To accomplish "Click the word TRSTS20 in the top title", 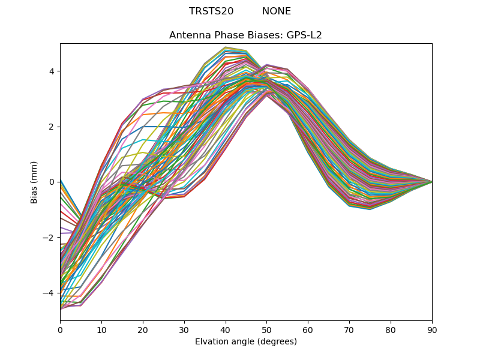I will pyautogui.click(x=211, y=11).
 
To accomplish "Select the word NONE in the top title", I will pyautogui.click(x=277, y=11).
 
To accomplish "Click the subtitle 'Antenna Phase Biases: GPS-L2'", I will pyautogui.click(x=245, y=35).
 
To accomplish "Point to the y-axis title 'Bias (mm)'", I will pyautogui.click(x=34, y=182).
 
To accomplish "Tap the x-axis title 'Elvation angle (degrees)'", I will pyautogui.click(x=246, y=342).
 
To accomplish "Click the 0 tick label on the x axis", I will pyautogui.click(x=60, y=329).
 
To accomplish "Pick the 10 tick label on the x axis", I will pyautogui.click(x=101, y=329).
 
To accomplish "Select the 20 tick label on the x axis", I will pyautogui.click(x=143, y=329).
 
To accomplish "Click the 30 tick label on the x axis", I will pyautogui.click(x=184, y=329).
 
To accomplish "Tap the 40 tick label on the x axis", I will pyautogui.click(x=226, y=329).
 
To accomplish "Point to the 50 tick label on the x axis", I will pyautogui.click(x=266, y=329).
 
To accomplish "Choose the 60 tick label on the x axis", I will pyautogui.click(x=308, y=329).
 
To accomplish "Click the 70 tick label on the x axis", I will pyautogui.click(x=349, y=329).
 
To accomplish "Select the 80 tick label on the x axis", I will pyautogui.click(x=391, y=329).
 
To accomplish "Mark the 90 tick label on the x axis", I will pyautogui.click(x=432, y=329).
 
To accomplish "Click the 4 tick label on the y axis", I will pyautogui.click(x=52, y=71).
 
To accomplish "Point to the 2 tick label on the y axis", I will pyautogui.click(x=52, y=127).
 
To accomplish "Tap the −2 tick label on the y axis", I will pyautogui.click(x=49, y=237).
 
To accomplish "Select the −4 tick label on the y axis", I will pyautogui.click(x=49, y=292).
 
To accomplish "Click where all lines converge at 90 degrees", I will pyautogui.click(x=431, y=182).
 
